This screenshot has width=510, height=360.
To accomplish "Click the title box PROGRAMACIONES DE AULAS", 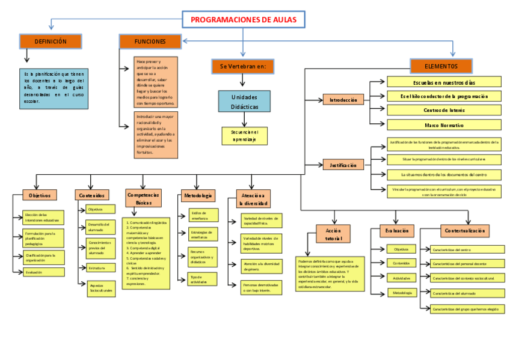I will pyautogui.click(x=243, y=20).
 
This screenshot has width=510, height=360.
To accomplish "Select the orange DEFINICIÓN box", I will pyautogui.click(x=51, y=41).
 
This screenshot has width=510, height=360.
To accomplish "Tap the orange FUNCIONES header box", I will pyautogui.click(x=150, y=41).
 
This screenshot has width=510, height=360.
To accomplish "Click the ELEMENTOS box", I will pyautogui.click(x=441, y=66).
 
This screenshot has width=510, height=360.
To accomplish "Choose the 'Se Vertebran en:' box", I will pyautogui.click(x=243, y=66).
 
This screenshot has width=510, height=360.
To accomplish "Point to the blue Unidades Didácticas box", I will pyautogui.click(x=244, y=101).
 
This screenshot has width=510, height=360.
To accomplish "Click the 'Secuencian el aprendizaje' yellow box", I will pyautogui.click(x=244, y=136).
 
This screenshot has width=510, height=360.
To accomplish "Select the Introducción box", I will pyautogui.click(x=343, y=100).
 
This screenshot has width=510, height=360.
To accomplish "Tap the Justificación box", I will pyautogui.click(x=343, y=165).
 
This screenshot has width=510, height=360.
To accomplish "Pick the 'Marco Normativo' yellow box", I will pyautogui.click(x=444, y=125).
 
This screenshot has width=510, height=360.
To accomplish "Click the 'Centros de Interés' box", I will pyautogui.click(x=444, y=111).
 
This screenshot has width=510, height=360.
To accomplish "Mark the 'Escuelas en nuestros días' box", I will pyautogui.click(x=444, y=82).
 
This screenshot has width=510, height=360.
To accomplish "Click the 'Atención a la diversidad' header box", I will pyautogui.click(x=249, y=199).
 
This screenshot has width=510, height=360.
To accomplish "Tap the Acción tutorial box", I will pyautogui.click(x=333, y=234).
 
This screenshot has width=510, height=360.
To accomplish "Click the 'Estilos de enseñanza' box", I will pyautogui.click(x=199, y=215).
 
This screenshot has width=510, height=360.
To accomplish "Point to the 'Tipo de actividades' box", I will pyautogui.click(x=199, y=279).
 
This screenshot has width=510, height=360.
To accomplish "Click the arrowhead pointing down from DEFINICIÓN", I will pyautogui.click(x=26, y=59).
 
